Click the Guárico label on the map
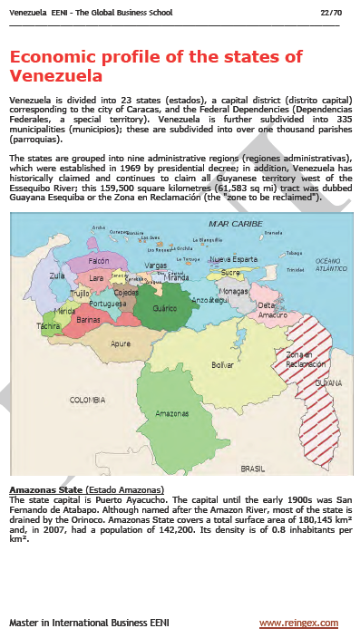164,308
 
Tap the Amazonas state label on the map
171,413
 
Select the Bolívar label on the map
222,364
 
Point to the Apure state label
121,343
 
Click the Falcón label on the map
98,260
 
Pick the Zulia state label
57,274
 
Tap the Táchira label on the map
49,324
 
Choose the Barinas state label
89,320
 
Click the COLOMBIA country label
88,399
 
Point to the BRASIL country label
252,469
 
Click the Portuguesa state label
107,304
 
